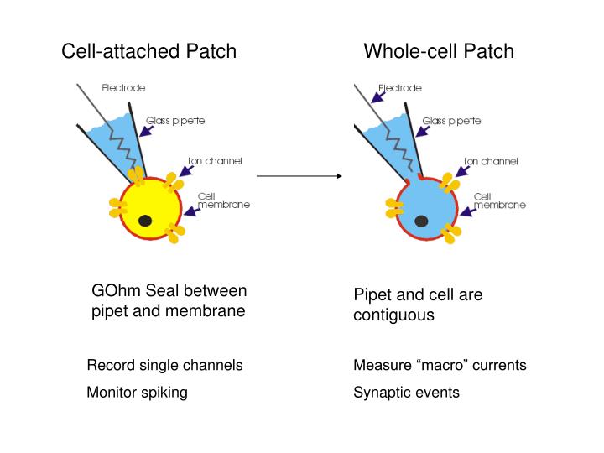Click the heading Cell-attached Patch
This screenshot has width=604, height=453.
[149, 52]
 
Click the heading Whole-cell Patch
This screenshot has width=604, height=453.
[439, 52]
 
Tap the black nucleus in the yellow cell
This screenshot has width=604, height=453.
[145, 221]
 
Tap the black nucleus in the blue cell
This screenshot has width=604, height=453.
[421, 221]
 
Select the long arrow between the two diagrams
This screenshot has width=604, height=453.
[299, 176]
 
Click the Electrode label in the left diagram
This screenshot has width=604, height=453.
[123, 87]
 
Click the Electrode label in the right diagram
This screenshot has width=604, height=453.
[400, 87]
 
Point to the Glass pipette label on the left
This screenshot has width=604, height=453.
[175, 121]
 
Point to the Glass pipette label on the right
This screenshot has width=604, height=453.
[451, 121]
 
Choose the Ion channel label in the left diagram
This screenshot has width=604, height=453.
[215, 161]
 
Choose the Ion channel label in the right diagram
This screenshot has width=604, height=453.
[491, 161]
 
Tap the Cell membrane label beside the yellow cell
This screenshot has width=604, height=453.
[223, 200]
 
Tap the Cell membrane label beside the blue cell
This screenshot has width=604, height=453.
[499, 200]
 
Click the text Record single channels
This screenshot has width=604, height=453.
[165, 366]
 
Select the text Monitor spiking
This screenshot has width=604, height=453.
[138, 393]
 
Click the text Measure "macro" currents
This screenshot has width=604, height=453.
[440, 366]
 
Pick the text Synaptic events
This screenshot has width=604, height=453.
[406, 393]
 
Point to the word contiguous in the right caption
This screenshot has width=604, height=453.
[393, 316]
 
